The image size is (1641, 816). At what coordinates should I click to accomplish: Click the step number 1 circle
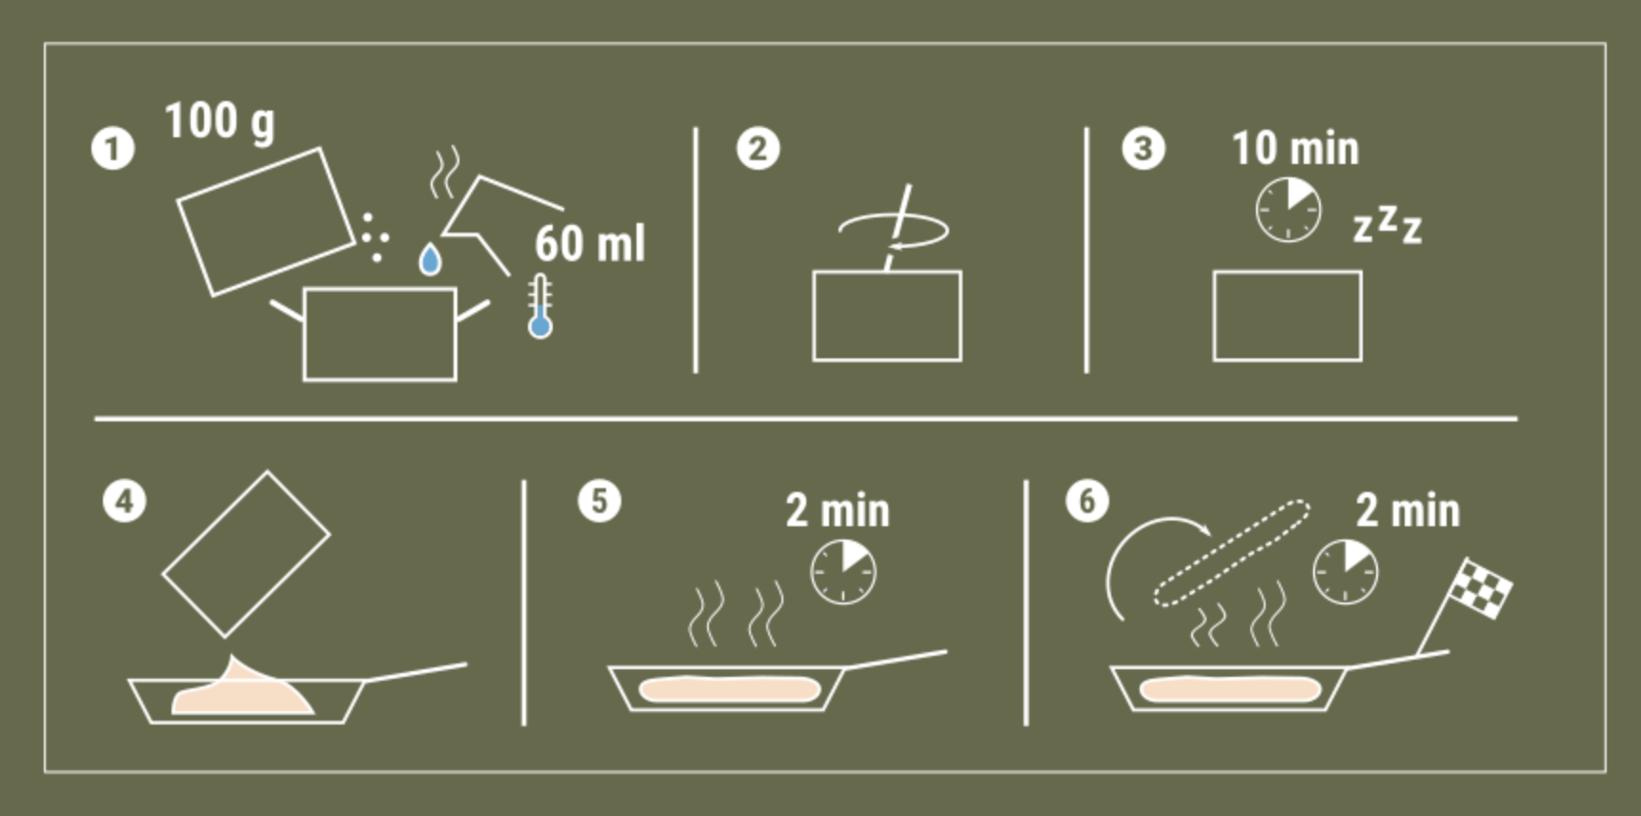pos(112,149)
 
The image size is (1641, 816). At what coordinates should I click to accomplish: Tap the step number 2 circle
pos(758,149)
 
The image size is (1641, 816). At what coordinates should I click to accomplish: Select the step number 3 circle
pos(1143,149)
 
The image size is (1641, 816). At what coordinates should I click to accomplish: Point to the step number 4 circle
pos(125,501)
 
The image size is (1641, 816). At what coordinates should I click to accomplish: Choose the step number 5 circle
pos(599,501)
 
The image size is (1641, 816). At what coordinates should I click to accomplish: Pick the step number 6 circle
pos(1087,501)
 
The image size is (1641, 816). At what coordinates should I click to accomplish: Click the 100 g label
pos(220,123)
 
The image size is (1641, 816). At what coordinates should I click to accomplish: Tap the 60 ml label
pos(590,243)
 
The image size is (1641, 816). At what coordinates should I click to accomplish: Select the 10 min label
pos(1296,148)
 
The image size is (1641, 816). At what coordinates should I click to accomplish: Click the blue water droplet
pos(431,258)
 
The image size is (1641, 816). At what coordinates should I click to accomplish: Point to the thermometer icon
pos(540,306)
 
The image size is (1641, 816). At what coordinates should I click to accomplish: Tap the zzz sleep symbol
pos(1388,225)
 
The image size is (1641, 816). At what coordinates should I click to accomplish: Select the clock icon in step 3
pos(1288,209)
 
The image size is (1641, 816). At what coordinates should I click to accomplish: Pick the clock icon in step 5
pos(843,572)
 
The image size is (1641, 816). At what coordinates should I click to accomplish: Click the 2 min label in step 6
pos(1408,511)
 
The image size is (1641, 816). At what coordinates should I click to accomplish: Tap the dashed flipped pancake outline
pos(1231,553)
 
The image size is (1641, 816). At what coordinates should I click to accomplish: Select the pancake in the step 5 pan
pos(730,688)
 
